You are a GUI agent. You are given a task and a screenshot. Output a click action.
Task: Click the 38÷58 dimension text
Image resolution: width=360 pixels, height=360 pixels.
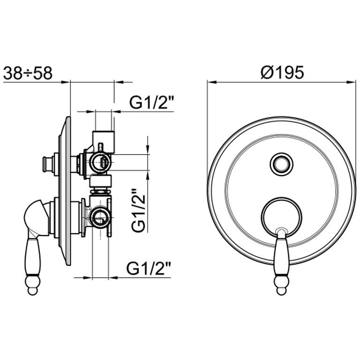pos(28,73)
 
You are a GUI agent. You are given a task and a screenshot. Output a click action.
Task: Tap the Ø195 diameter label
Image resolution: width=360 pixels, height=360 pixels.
pos(282,72)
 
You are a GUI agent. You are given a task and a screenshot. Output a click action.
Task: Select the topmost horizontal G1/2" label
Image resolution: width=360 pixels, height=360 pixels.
pos(151,102)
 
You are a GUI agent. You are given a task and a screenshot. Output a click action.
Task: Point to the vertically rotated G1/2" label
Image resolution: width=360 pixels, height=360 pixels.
pos(139,210)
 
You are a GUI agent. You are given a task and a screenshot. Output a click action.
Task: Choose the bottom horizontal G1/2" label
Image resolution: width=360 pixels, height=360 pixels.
pos(149,269)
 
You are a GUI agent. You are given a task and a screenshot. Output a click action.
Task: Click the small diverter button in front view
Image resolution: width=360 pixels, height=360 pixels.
pos(281,164)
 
